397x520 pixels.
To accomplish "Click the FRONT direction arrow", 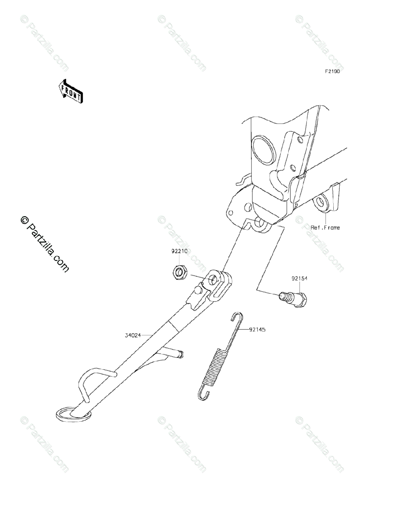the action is click(71, 91).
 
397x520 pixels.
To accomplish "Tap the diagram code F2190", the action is click(330, 71).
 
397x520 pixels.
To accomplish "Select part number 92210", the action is click(179, 251).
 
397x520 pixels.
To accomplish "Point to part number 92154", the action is click(299, 279).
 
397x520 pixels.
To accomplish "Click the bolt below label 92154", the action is click(293, 299).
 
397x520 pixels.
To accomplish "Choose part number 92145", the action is click(257, 329).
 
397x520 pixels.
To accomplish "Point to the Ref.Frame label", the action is click(325, 227).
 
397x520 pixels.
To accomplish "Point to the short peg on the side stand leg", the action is click(177, 354).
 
